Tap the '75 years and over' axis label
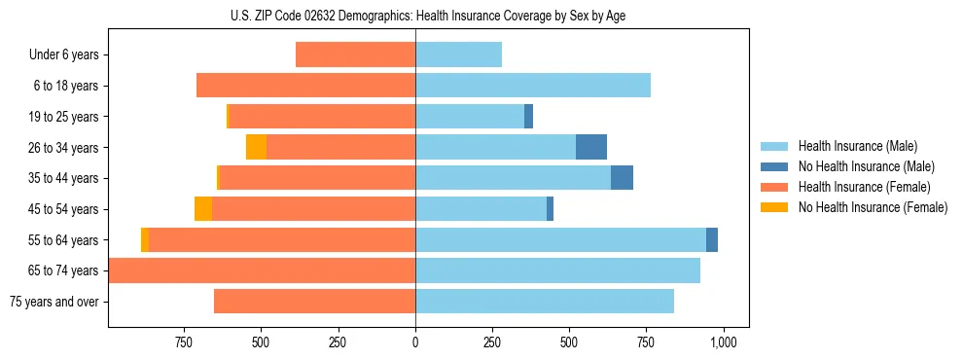click(x=53, y=302)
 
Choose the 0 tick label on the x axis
click(x=415, y=342)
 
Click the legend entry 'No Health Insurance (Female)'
click(x=873, y=207)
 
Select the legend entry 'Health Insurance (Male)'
click(x=857, y=146)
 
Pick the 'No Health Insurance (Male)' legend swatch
click(x=774, y=166)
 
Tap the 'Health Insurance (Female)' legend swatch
click(x=774, y=187)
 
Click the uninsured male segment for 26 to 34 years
click(x=591, y=147)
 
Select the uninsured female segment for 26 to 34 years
click(x=256, y=147)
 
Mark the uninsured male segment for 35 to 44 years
click(x=622, y=178)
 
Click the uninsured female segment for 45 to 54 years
click(x=203, y=209)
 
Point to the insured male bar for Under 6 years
click(x=458, y=54)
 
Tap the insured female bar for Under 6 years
click(x=355, y=54)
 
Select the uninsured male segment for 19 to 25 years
click(x=528, y=117)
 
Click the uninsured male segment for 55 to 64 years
click(x=712, y=239)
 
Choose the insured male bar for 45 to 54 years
click(x=481, y=209)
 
